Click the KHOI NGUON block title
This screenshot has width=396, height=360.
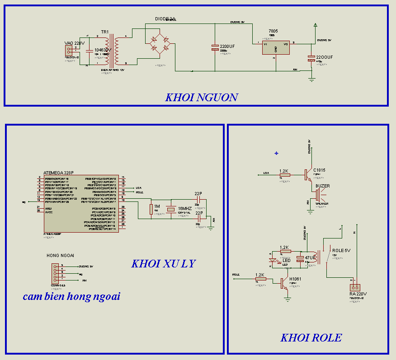click(x=201, y=97)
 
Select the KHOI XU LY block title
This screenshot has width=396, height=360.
click(x=163, y=264)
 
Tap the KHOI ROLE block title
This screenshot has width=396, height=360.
click(x=311, y=338)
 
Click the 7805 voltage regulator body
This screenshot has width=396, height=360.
click(x=276, y=47)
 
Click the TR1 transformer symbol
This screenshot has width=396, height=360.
click(x=111, y=51)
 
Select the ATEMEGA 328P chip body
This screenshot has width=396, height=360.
click(x=81, y=203)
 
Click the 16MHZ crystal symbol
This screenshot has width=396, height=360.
click(x=171, y=209)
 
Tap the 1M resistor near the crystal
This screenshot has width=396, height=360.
click(x=151, y=209)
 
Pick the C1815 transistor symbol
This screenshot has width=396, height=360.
click(x=308, y=173)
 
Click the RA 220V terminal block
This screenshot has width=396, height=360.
click(x=355, y=287)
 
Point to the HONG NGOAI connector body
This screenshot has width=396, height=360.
click(x=55, y=273)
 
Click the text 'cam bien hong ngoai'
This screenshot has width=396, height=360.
click(x=71, y=297)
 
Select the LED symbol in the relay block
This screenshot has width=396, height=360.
click(x=273, y=261)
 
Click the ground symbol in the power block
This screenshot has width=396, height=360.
click(x=311, y=79)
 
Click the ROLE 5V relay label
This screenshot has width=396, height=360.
click(x=341, y=250)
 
